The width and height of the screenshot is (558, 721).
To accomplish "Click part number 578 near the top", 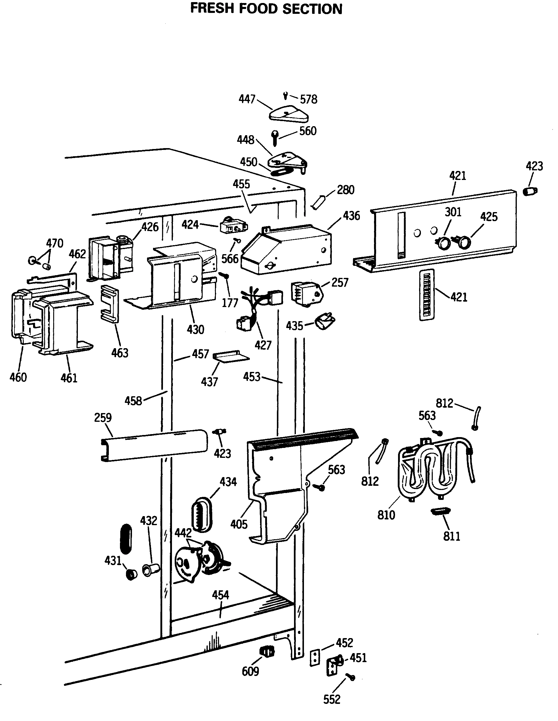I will pyautogui.click(x=308, y=99).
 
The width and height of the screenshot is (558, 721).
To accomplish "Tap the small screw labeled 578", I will pyautogui.click(x=285, y=96).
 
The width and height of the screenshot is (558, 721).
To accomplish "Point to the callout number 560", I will pyautogui.click(x=308, y=131).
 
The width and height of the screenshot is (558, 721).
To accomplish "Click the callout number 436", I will pyautogui.click(x=351, y=216).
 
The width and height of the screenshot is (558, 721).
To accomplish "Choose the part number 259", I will pyautogui.click(x=103, y=418).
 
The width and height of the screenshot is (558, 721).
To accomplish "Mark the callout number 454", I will pyautogui.click(x=220, y=595).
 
